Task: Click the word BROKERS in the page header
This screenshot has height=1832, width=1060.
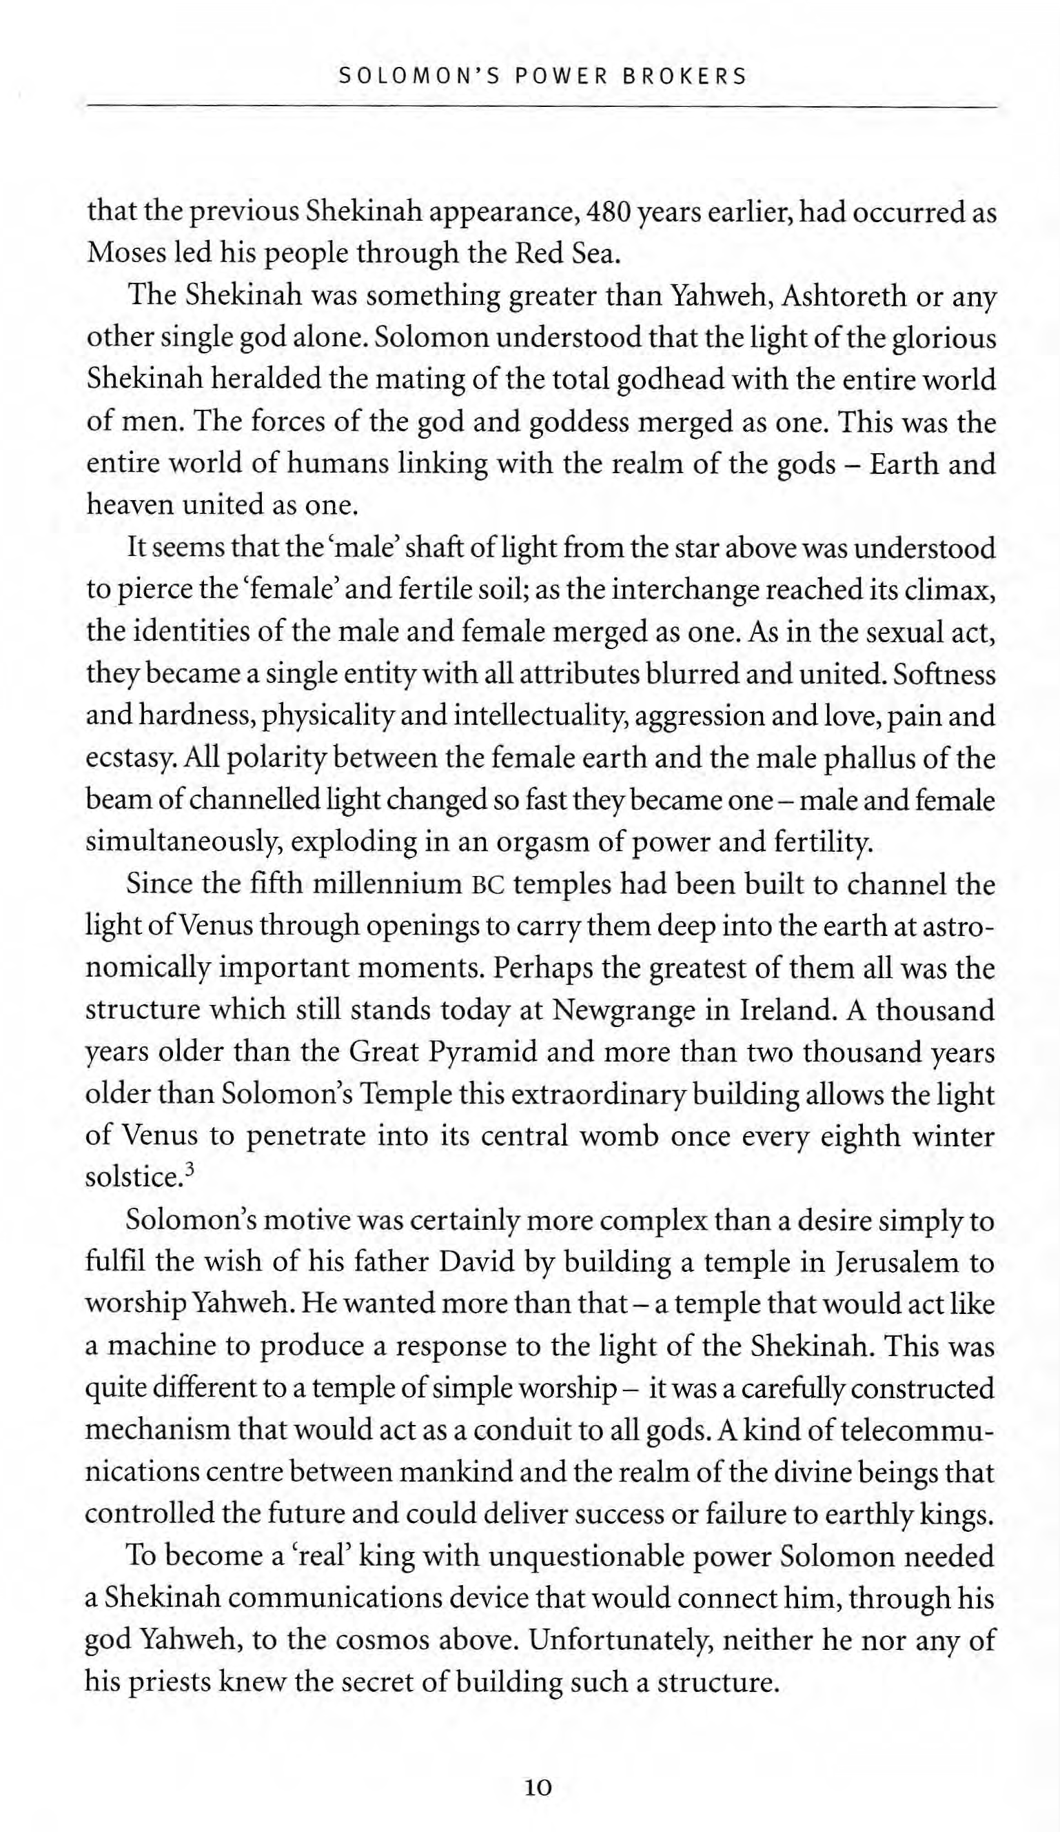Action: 684,77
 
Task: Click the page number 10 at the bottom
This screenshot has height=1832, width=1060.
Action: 538,1788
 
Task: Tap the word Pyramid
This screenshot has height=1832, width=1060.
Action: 482,1053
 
